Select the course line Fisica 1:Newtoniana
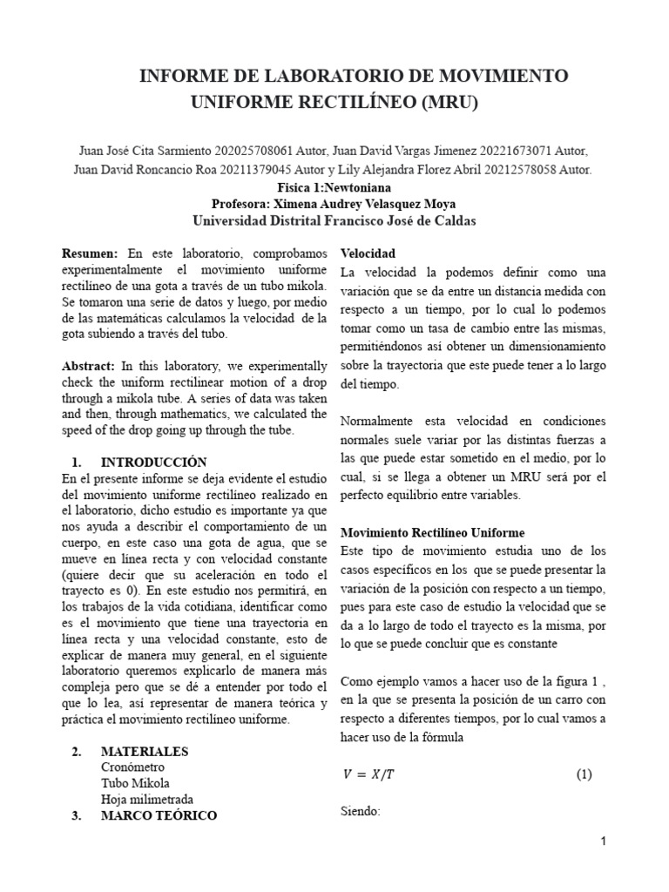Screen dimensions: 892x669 coord(334,186)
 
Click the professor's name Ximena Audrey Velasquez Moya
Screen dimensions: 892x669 coord(384,204)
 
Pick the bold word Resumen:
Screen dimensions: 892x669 coord(90,253)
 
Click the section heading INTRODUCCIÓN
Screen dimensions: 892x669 coord(153,462)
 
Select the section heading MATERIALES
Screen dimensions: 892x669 coord(144,751)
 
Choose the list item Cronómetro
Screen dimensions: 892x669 coord(132,767)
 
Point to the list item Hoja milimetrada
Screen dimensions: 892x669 coord(146,799)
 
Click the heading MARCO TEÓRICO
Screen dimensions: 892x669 coord(159,815)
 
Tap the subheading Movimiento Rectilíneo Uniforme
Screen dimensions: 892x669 coord(432,531)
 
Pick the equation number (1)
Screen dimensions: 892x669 coord(583,774)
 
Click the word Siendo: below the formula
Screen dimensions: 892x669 coord(361,810)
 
